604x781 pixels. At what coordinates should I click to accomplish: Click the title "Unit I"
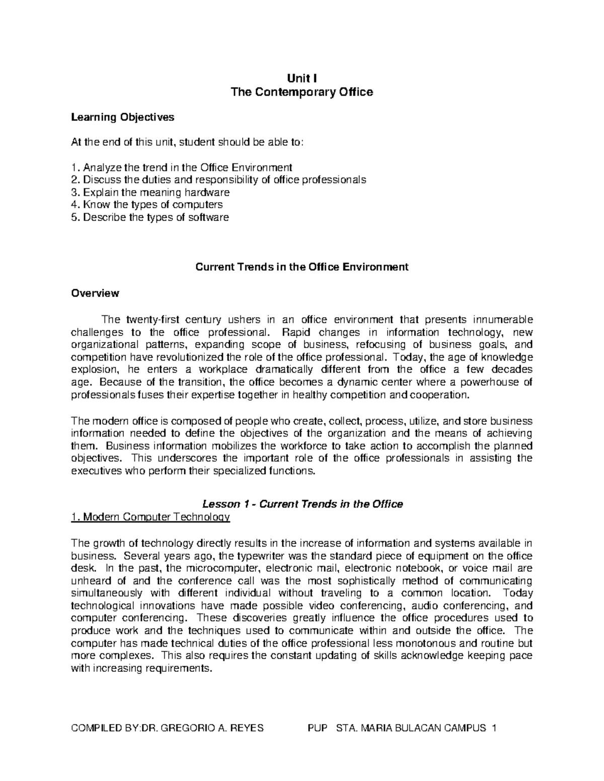pyautogui.click(x=301, y=78)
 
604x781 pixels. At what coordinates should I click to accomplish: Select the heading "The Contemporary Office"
pyautogui.click(x=301, y=92)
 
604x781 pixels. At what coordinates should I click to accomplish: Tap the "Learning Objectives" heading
pyautogui.click(x=122, y=117)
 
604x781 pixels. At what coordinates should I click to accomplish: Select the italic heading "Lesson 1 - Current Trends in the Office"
pyautogui.click(x=302, y=504)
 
